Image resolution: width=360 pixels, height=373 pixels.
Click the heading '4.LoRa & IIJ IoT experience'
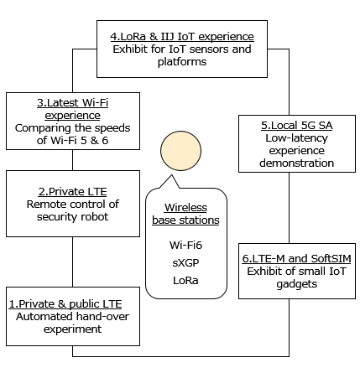coord(182,37)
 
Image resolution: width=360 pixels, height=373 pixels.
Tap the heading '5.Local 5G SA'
coord(297,126)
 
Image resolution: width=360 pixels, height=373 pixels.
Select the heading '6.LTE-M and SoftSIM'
coord(297,259)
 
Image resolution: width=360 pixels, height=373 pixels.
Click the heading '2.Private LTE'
coord(73,192)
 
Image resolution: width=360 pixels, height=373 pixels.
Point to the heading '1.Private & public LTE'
coord(65,304)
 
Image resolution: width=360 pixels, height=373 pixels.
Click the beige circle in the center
coord(180,151)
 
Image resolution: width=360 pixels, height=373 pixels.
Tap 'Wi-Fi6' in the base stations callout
coord(185,246)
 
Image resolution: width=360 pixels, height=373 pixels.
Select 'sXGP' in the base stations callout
coord(185,263)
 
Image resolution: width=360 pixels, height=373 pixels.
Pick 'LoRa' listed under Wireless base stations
coord(185,281)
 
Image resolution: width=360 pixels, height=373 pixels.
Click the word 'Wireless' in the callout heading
coord(185,208)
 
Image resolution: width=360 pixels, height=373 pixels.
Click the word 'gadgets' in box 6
coord(297,284)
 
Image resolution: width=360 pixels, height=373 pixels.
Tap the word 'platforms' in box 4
coord(182,62)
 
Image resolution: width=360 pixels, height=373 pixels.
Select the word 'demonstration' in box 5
coord(297,163)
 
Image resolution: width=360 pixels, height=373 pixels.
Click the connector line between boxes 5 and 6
coord(289,208)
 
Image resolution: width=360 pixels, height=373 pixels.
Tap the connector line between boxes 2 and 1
coord(73,262)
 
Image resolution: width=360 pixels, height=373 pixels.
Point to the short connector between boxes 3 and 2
coord(73,160)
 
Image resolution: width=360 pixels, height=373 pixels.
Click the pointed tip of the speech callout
coord(171,175)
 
